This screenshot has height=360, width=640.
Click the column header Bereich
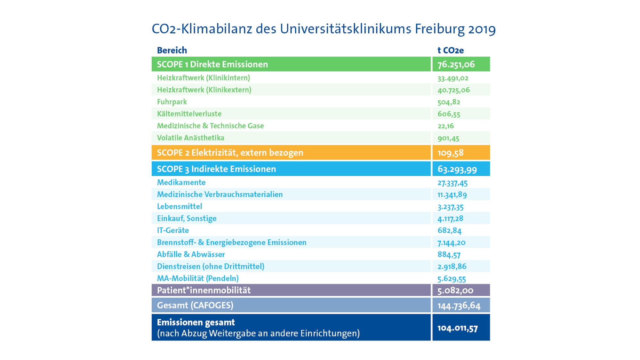(172, 50)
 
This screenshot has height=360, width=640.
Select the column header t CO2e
(450, 50)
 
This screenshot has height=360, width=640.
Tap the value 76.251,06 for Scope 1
(456, 64)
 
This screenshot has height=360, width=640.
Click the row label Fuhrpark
(172, 102)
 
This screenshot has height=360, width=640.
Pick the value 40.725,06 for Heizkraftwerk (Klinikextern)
(453, 90)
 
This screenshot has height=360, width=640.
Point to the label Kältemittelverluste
(189, 114)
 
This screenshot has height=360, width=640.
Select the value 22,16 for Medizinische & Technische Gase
(445, 126)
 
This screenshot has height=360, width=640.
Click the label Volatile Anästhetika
(190, 138)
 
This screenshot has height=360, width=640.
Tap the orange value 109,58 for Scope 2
(450, 153)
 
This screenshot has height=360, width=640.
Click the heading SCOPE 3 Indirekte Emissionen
(216, 169)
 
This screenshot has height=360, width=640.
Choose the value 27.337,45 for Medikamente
(452, 183)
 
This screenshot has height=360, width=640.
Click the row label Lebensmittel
(180, 206)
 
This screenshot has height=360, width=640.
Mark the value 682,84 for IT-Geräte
(449, 230)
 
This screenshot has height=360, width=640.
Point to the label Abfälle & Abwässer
(191, 254)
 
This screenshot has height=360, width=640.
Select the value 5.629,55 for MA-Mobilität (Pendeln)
(452, 278)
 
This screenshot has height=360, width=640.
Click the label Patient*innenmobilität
(204, 290)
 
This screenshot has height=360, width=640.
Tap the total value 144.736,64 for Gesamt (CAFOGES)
(459, 306)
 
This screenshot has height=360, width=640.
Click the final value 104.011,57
(458, 328)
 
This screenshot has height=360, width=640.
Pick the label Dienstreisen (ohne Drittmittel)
(211, 266)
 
